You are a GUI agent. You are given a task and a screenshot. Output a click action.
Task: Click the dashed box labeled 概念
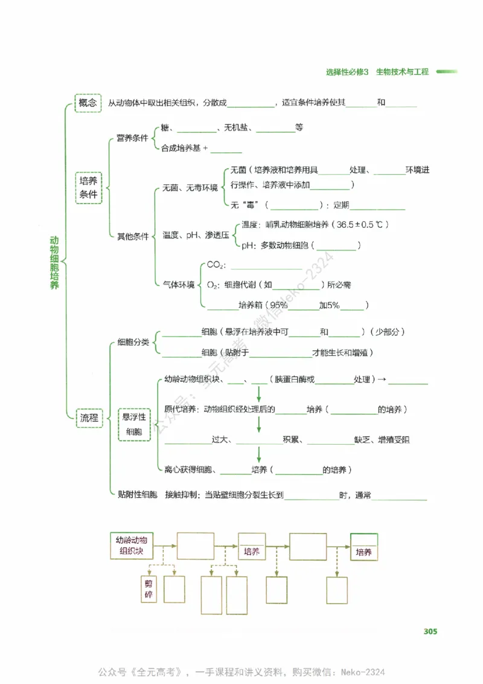[x=88, y=103]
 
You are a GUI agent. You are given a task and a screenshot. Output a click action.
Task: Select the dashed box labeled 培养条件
[x=89, y=188]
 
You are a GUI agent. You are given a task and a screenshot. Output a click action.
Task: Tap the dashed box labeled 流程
[x=89, y=418]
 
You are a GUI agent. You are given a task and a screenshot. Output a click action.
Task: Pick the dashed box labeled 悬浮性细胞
[x=134, y=424]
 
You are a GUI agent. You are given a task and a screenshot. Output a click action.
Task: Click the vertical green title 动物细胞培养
[x=54, y=263]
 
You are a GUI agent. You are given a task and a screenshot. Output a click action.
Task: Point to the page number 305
[x=430, y=631]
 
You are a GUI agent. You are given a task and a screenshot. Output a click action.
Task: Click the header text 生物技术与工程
[x=402, y=71]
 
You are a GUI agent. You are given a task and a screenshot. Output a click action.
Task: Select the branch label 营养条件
[x=132, y=138]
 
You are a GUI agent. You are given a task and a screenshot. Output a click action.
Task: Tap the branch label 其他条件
[x=132, y=236]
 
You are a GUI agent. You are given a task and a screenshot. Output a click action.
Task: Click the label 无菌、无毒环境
[x=190, y=188]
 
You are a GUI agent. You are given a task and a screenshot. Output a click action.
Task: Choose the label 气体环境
[x=178, y=284]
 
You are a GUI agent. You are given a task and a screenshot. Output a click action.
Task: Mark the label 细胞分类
[x=132, y=342]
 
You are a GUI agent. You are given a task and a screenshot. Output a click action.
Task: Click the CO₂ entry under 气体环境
[x=216, y=265]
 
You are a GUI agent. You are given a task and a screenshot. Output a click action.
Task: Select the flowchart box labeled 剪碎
[x=149, y=589]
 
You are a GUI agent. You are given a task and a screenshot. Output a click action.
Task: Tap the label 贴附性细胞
[x=137, y=495]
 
